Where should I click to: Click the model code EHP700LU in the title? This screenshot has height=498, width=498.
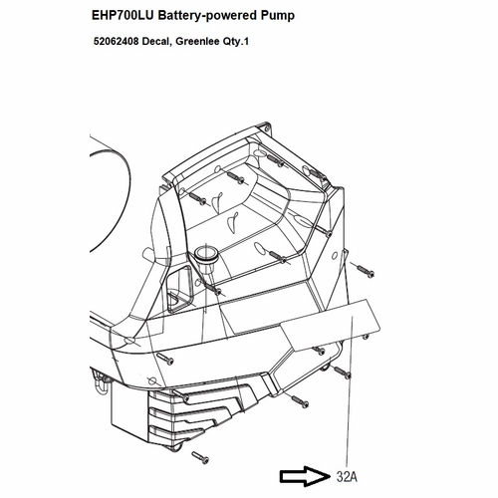click(x=123, y=15)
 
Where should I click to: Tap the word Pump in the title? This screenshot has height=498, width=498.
click(x=277, y=16)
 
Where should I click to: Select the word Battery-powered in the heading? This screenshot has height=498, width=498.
click(x=207, y=16)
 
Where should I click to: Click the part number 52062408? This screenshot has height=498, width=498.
click(x=116, y=42)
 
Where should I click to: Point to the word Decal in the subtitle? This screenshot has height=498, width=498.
click(x=157, y=42)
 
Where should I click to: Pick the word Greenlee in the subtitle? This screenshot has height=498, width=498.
click(x=197, y=42)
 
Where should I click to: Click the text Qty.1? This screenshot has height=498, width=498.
click(x=235, y=42)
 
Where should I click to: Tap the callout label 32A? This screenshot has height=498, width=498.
click(x=347, y=477)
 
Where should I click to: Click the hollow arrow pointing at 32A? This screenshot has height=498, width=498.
click(x=305, y=476)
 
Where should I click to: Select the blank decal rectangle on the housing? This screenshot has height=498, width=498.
click(x=330, y=324)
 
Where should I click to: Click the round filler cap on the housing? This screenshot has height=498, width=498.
click(x=206, y=255)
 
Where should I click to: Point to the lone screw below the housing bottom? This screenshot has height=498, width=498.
click(x=200, y=457)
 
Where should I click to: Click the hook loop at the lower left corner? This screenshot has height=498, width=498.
click(x=100, y=384)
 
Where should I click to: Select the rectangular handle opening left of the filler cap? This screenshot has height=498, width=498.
click(x=179, y=289)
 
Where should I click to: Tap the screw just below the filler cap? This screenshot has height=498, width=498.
click(x=212, y=288)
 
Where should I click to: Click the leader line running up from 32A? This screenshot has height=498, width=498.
click(x=350, y=391)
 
